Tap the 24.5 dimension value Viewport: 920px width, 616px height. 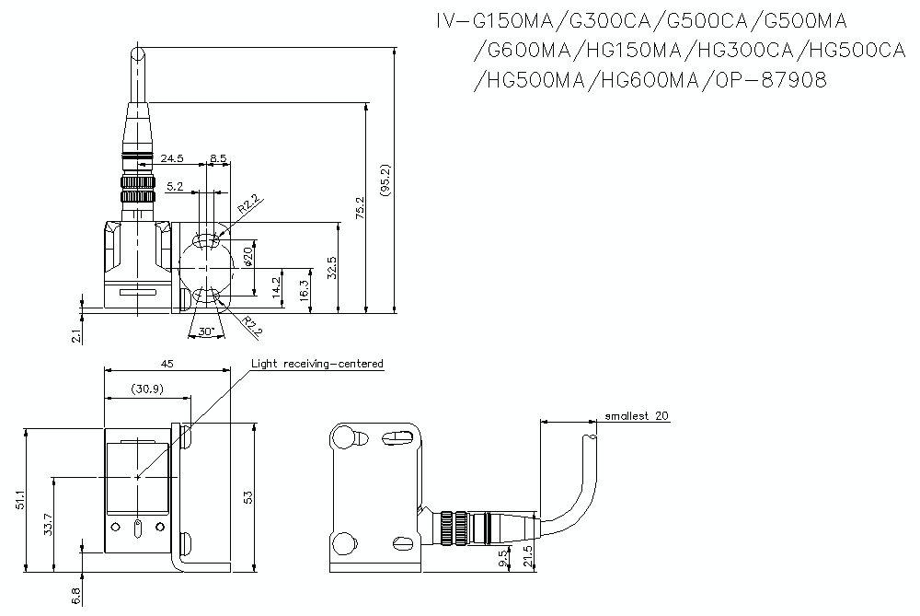point(172,159)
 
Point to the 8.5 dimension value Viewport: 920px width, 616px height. point(218,159)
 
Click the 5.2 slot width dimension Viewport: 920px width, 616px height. point(175,187)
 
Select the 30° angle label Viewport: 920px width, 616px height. point(205,331)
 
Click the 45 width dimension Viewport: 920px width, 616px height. point(167,365)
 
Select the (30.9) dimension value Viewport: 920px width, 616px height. point(147,389)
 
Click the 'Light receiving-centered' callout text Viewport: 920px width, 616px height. point(316,365)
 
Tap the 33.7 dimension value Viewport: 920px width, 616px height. point(49,525)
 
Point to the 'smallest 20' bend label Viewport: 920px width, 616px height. point(636,415)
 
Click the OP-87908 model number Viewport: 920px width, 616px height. point(770,81)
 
